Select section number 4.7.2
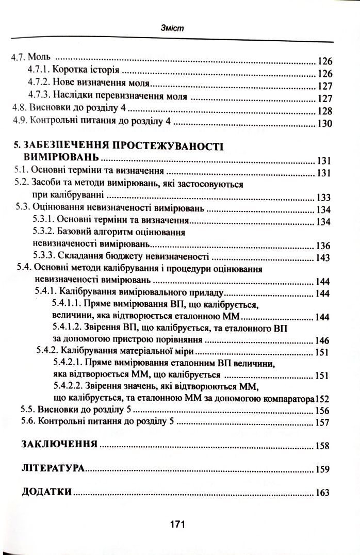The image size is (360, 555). click(40, 84)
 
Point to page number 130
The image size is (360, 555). click(326, 124)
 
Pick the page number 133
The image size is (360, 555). click(323, 198)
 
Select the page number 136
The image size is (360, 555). click(323, 245)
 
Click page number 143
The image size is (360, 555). click(323, 257)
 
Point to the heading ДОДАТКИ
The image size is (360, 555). click(47, 492)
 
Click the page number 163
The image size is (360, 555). click(322, 493)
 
